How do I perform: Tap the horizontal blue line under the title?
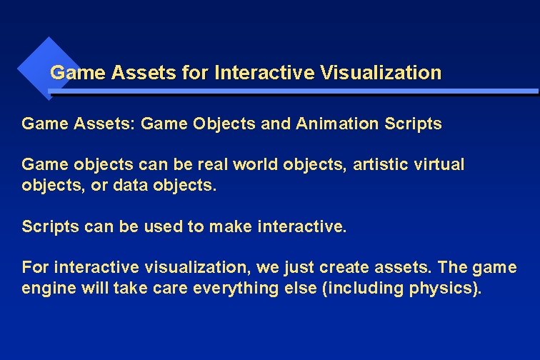pyautogui.click(x=293, y=92)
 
